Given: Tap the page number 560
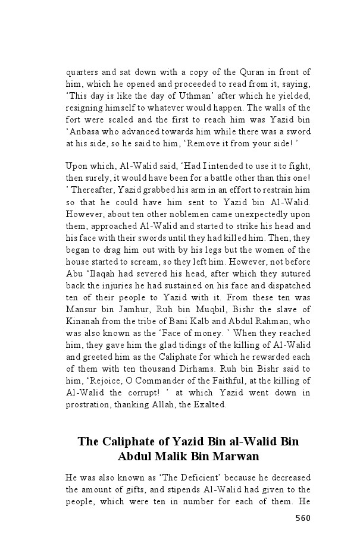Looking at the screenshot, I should (302, 518).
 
